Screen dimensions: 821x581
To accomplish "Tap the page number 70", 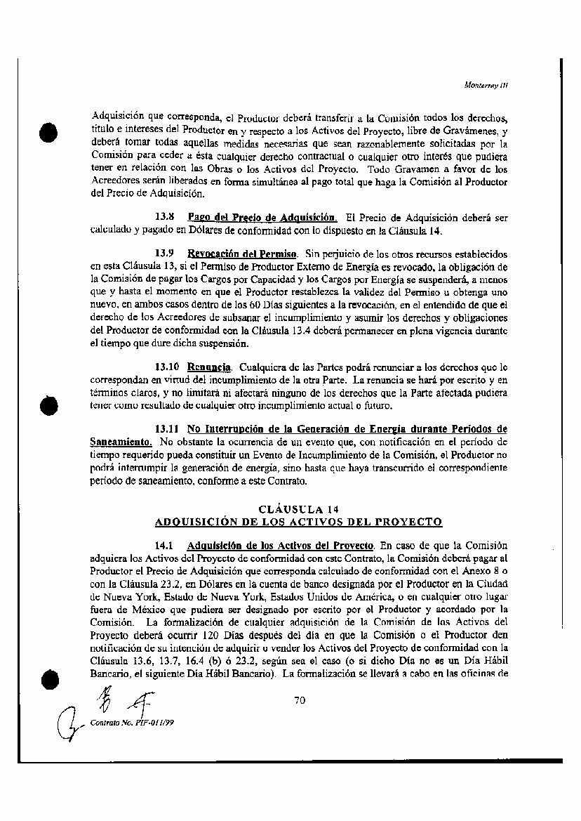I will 300,700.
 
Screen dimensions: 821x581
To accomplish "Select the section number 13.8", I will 164,218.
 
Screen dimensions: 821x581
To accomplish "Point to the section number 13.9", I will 164,251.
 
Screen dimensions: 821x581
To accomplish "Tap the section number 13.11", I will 167,429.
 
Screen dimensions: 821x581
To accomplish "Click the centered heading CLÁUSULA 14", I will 299,509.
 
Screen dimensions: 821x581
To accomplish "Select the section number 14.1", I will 164,546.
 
